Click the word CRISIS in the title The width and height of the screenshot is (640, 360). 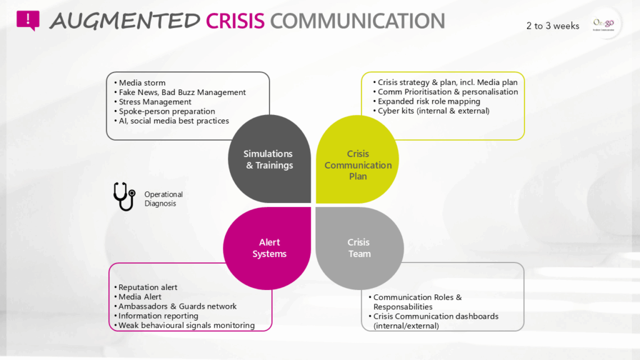tap(236, 21)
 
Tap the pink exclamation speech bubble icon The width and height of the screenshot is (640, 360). tap(27, 20)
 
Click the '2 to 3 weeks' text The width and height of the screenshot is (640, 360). tap(552, 26)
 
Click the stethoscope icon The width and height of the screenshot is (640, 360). tap(124, 196)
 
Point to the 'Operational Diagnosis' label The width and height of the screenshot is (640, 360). tap(164, 199)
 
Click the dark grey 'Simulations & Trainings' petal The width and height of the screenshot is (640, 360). tap(269, 159)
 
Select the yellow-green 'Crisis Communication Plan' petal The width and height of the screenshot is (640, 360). tap(357, 164)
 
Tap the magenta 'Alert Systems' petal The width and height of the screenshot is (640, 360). tap(269, 248)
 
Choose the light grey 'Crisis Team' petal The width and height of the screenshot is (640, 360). tap(358, 248)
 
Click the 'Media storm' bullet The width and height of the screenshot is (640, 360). tap(142, 82)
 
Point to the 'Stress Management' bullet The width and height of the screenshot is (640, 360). tap(155, 102)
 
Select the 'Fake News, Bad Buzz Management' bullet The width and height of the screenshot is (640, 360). tap(182, 92)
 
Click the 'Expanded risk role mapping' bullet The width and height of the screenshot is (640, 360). tap(429, 101)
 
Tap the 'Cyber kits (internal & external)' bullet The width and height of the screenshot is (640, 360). tap(433, 111)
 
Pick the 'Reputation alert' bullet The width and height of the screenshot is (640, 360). tap(147, 287)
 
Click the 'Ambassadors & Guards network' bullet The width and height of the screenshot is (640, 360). tap(177, 306)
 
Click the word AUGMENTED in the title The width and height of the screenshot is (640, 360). tap(125, 21)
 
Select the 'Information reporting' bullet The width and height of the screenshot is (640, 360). tap(158, 316)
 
